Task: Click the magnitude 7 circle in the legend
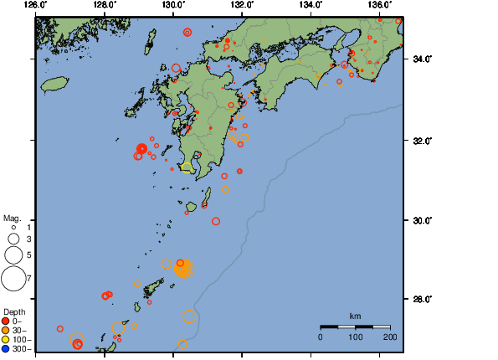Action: [13, 278]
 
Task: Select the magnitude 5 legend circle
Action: [13, 255]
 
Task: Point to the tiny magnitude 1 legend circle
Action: [13, 227]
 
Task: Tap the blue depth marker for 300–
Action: [6, 348]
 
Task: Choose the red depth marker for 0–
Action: [6, 321]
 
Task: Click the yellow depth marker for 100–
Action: [6, 339]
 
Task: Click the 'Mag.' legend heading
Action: [12, 217]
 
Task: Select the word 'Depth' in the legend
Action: [14, 311]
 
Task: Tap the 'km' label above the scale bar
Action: [355, 316]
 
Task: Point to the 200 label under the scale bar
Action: [390, 337]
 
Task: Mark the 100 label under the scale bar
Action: [355, 337]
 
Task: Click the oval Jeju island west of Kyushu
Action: [55, 85]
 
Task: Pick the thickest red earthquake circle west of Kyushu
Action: [142, 148]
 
